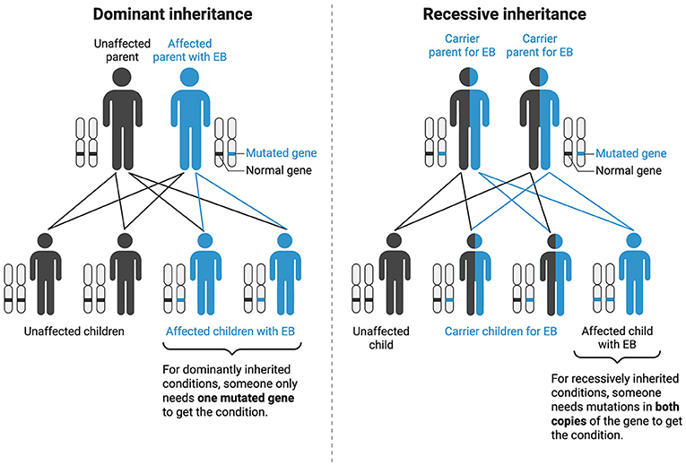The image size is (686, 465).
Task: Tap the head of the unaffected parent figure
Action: click(120, 76)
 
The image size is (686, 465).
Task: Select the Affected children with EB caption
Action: click(233, 331)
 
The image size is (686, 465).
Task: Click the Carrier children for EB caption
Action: click(499, 331)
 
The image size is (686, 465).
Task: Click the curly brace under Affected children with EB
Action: click(233, 350)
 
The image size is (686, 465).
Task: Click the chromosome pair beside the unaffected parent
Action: click(85, 142)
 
